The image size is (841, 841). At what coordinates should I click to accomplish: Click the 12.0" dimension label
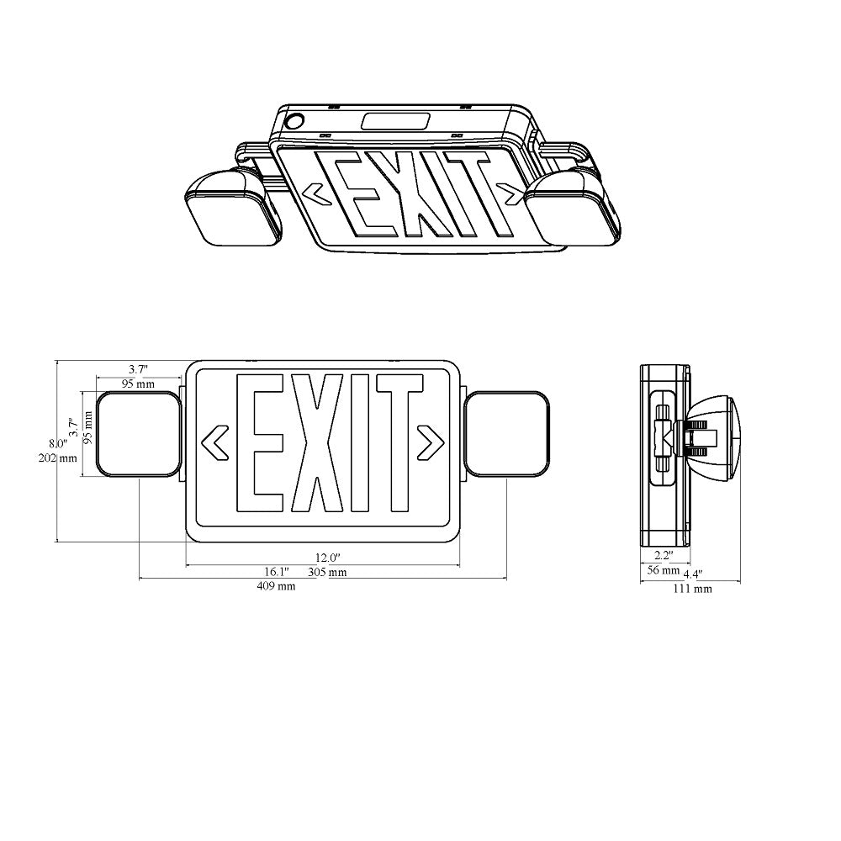[327, 558]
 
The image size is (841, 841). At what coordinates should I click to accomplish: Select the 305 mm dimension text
[327, 573]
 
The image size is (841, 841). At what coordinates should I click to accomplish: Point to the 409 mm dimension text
[277, 586]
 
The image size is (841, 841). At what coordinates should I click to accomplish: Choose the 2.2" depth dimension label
[664, 555]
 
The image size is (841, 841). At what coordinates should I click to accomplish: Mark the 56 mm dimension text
[663, 570]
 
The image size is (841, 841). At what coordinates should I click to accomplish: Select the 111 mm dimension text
[695, 589]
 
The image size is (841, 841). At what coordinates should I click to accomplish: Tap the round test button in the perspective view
[295, 121]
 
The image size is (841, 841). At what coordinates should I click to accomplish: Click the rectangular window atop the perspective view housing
[395, 122]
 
